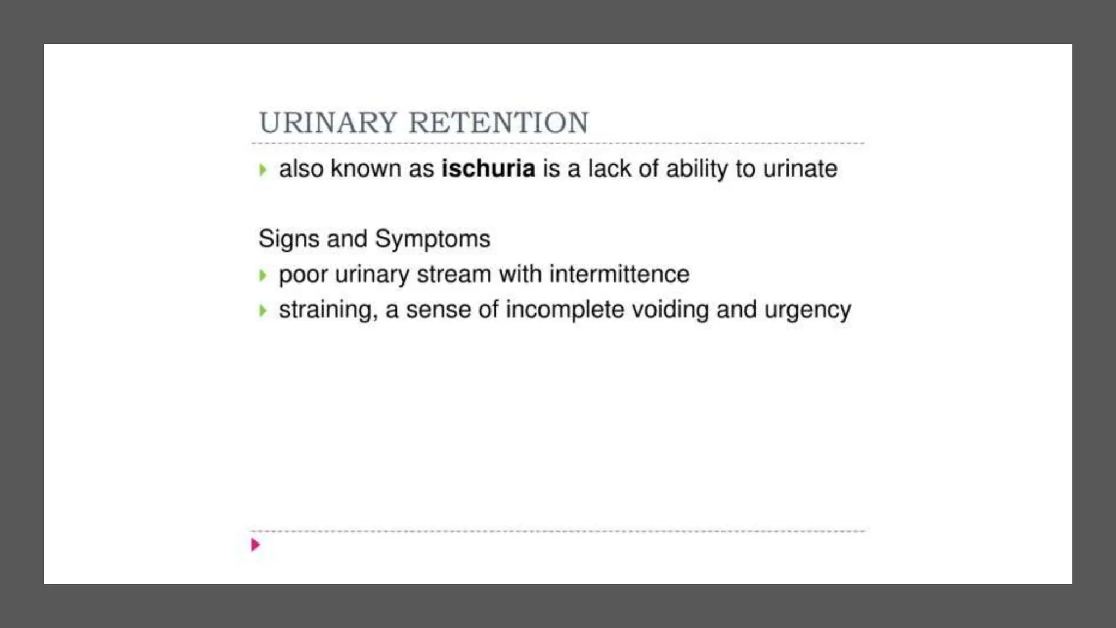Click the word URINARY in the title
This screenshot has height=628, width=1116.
(327, 123)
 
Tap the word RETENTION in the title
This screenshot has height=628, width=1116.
(499, 123)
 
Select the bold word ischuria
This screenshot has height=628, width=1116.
(488, 168)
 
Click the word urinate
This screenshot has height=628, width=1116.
(800, 168)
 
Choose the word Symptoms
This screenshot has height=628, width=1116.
(433, 239)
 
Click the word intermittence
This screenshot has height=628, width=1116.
(619, 274)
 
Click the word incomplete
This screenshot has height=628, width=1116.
(565, 310)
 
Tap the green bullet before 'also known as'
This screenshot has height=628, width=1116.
(263, 170)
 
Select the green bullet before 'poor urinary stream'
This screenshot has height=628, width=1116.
(263, 275)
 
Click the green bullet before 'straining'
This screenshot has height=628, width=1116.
(263, 311)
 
